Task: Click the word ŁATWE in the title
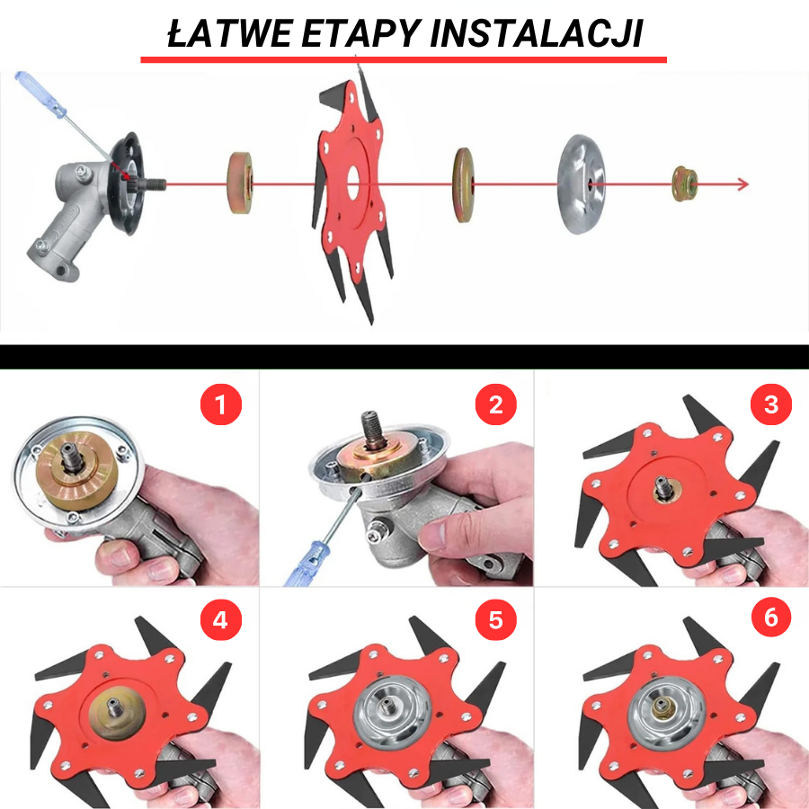pyautogui.click(x=231, y=33)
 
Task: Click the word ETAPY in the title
pyautogui.click(x=361, y=33)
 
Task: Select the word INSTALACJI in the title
pyautogui.click(x=537, y=33)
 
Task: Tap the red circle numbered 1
pyautogui.click(x=221, y=404)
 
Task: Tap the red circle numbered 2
pyautogui.click(x=496, y=404)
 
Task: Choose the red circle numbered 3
pyautogui.click(x=771, y=404)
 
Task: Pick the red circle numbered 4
pyautogui.click(x=221, y=619)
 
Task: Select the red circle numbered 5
pyautogui.click(x=496, y=619)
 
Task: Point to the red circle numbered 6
pyautogui.click(x=771, y=617)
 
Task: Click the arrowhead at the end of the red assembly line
pyautogui.click(x=743, y=184)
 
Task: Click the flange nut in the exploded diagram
pyautogui.click(x=685, y=183)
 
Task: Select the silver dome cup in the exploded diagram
pyautogui.click(x=581, y=184)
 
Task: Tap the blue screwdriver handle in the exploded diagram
pyautogui.click(x=40, y=95)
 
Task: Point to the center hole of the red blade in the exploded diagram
pyautogui.click(x=353, y=183)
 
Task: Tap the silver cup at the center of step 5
pyautogui.click(x=392, y=712)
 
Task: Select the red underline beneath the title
pyautogui.click(x=404, y=60)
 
